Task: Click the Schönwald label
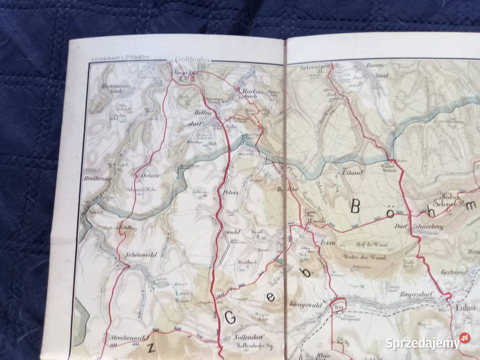(142, 254)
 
